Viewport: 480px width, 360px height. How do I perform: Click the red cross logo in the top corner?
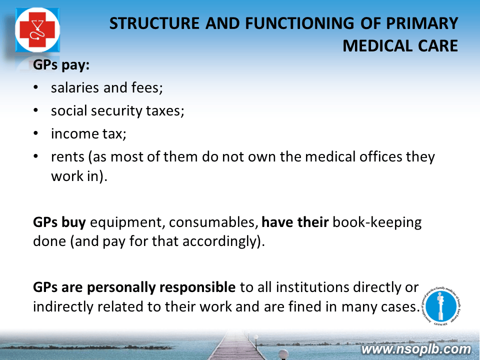tap(37, 29)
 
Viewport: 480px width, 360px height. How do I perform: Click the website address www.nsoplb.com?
tap(416, 349)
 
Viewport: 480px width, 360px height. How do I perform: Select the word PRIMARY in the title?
tap(422, 23)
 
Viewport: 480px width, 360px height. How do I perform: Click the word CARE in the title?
tap(438, 46)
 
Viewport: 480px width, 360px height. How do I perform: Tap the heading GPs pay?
tap(61, 65)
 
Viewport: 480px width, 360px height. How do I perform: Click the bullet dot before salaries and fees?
tap(36, 87)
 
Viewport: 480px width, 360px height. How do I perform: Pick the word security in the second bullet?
tap(116, 111)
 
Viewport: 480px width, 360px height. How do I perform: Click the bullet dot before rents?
tap(36, 156)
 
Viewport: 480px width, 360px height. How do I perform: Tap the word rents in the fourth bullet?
tap(67, 157)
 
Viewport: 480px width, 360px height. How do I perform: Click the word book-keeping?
tap(377, 222)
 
